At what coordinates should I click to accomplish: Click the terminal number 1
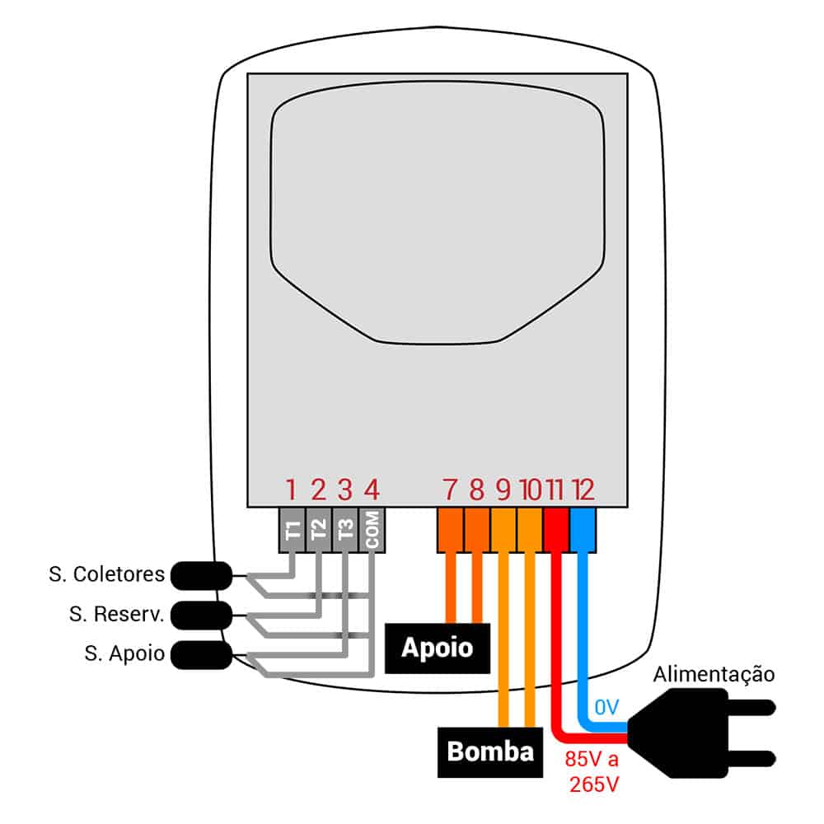(291, 491)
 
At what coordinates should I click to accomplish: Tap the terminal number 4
(372, 491)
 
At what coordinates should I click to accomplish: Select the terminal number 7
(450, 491)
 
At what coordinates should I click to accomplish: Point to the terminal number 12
(583, 491)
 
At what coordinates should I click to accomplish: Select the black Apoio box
(437, 648)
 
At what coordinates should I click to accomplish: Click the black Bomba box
(490, 751)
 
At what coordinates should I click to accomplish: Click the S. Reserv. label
(116, 613)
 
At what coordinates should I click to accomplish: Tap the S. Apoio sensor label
(124, 654)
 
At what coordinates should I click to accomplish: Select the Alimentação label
(714, 675)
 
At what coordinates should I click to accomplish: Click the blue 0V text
(606, 706)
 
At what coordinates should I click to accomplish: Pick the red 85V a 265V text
(593, 771)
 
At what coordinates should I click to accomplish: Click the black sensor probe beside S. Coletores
(200, 574)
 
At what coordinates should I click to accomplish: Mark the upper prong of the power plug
(746, 707)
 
